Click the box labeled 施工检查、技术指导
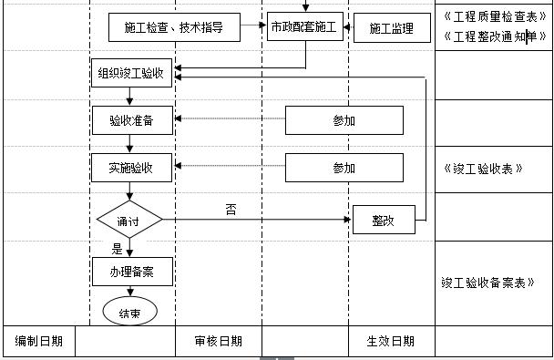pyautogui.click(x=175, y=28)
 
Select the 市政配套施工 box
pyautogui.click(x=303, y=28)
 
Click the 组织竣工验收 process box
pyautogui.click(x=132, y=73)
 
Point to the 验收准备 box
pyautogui.click(x=131, y=119)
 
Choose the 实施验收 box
pyautogui.click(x=131, y=168)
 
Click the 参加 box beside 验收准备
pyautogui.click(x=344, y=119)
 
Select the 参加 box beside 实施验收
pyautogui.click(x=344, y=168)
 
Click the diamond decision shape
pyautogui.click(x=129, y=220)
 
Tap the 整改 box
pyautogui.click(x=383, y=220)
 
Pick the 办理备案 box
pyautogui.click(x=131, y=271)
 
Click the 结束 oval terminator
pyautogui.click(x=129, y=312)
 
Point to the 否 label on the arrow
pyautogui.click(x=231, y=209)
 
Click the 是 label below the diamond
pyautogui.click(x=117, y=247)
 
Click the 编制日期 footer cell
pyautogui.click(x=38, y=341)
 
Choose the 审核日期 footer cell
pyautogui.click(x=219, y=341)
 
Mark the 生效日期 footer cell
pyautogui.click(x=390, y=341)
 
